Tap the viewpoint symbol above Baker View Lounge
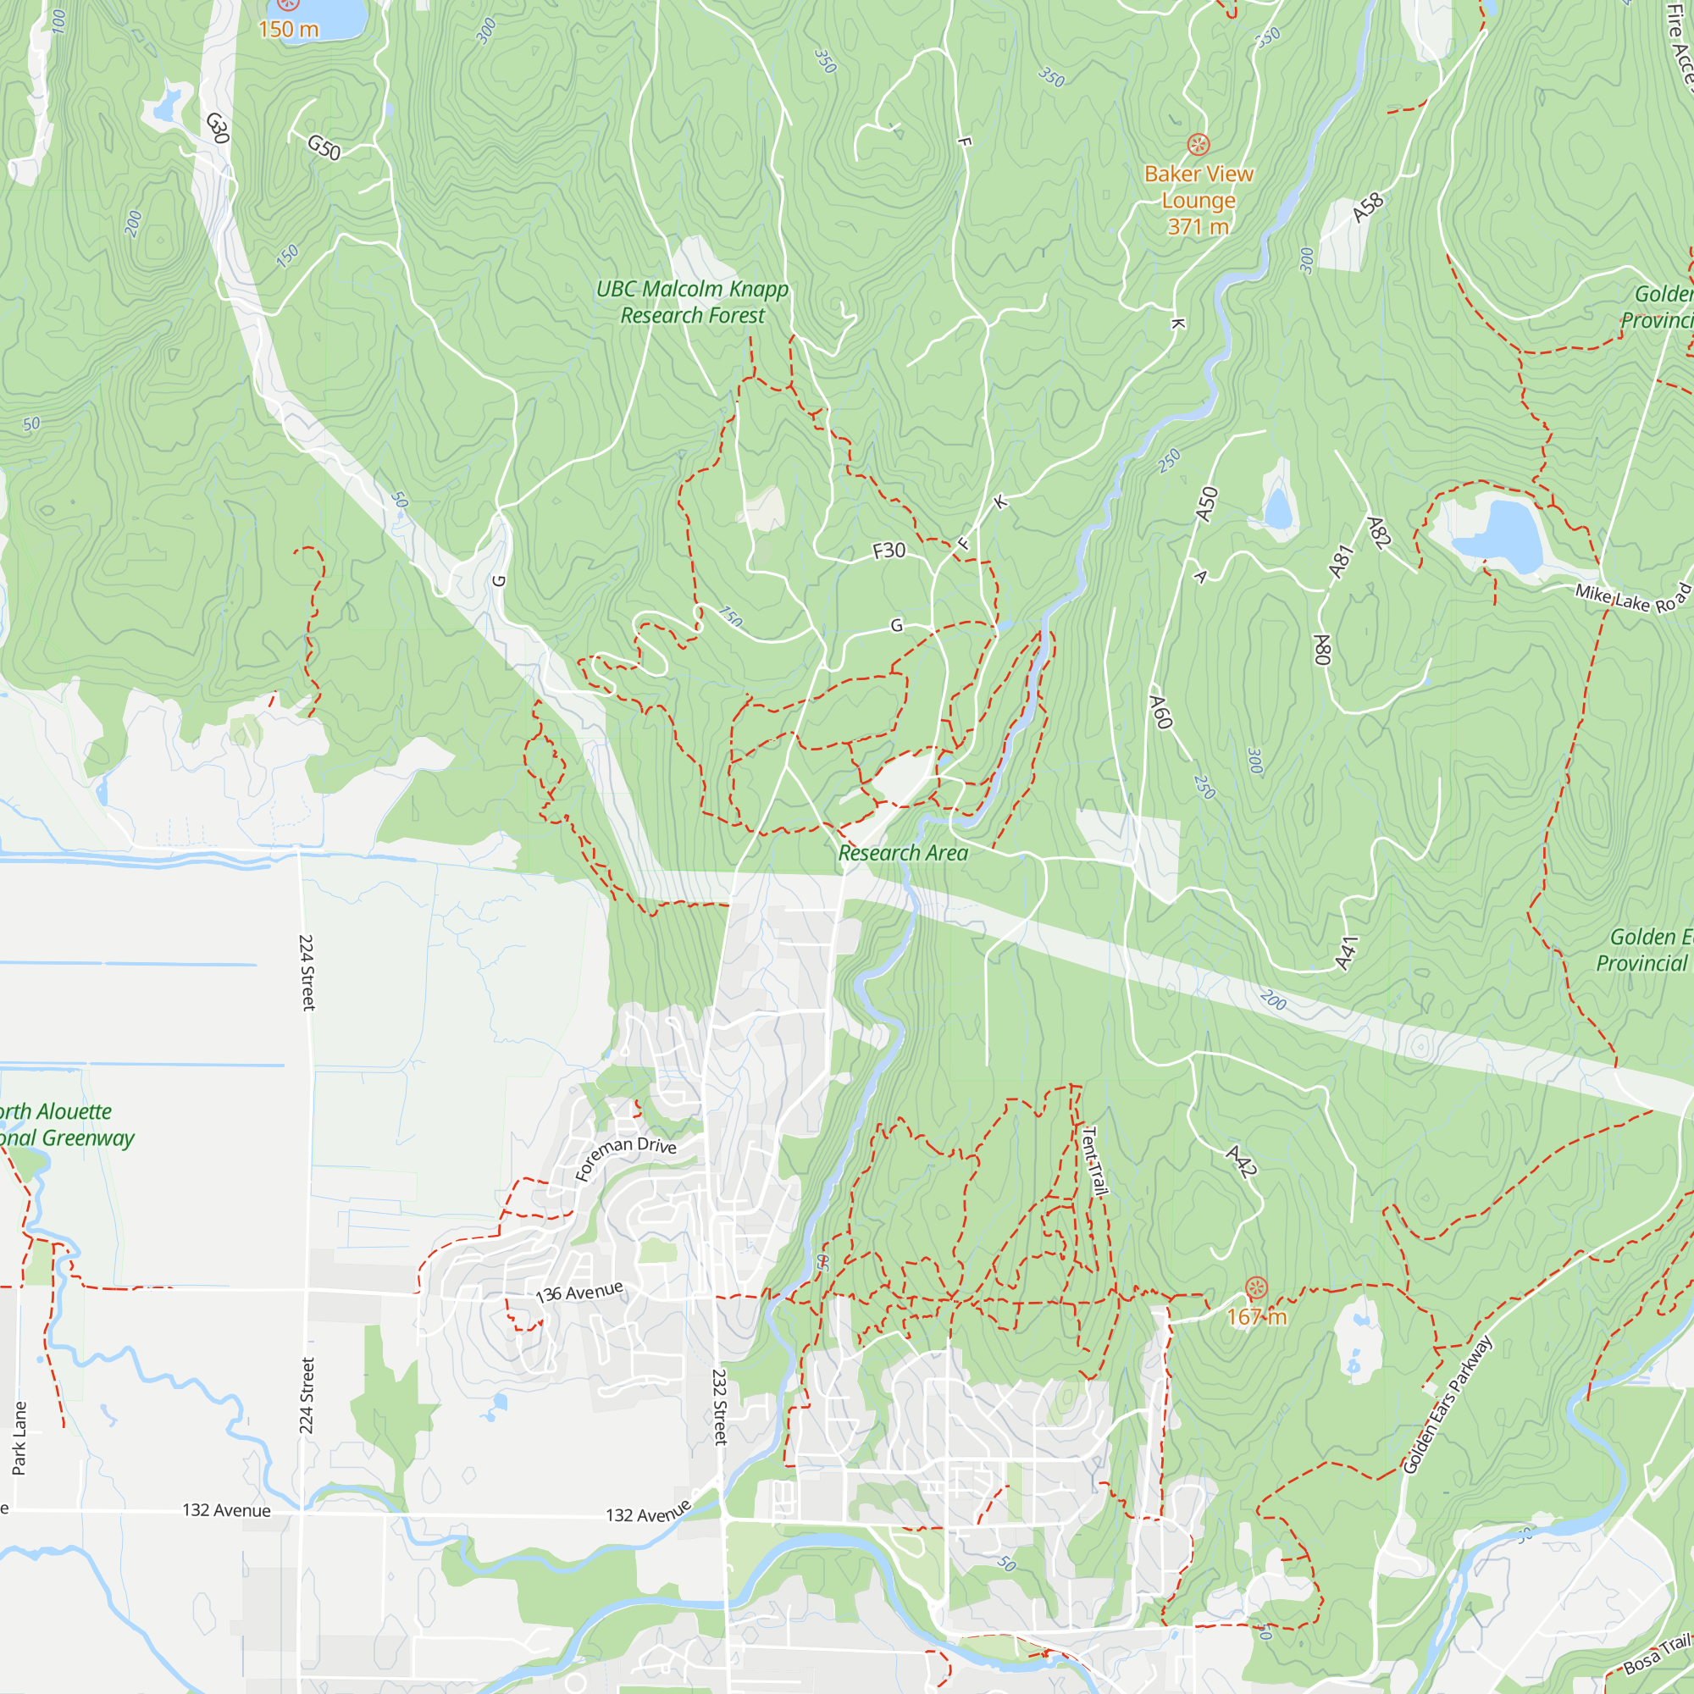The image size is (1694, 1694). (1199, 144)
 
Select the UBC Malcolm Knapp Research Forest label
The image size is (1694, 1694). (692, 302)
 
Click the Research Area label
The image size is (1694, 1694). (903, 853)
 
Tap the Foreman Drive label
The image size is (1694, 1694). (625, 1156)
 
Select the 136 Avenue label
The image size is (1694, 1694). (579, 1293)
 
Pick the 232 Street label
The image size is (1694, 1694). (720, 1406)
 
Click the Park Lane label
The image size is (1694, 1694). (19, 1438)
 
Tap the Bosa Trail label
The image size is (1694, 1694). (1658, 1653)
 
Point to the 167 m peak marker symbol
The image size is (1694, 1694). (1256, 1288)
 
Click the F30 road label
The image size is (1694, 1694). (889, 551)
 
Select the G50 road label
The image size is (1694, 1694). (324, 147)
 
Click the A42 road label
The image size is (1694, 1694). (1242, 1161)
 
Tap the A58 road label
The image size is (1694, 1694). (1368, 208)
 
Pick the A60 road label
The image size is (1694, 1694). (1161, 712)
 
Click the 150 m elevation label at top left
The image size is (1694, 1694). (289, 29)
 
